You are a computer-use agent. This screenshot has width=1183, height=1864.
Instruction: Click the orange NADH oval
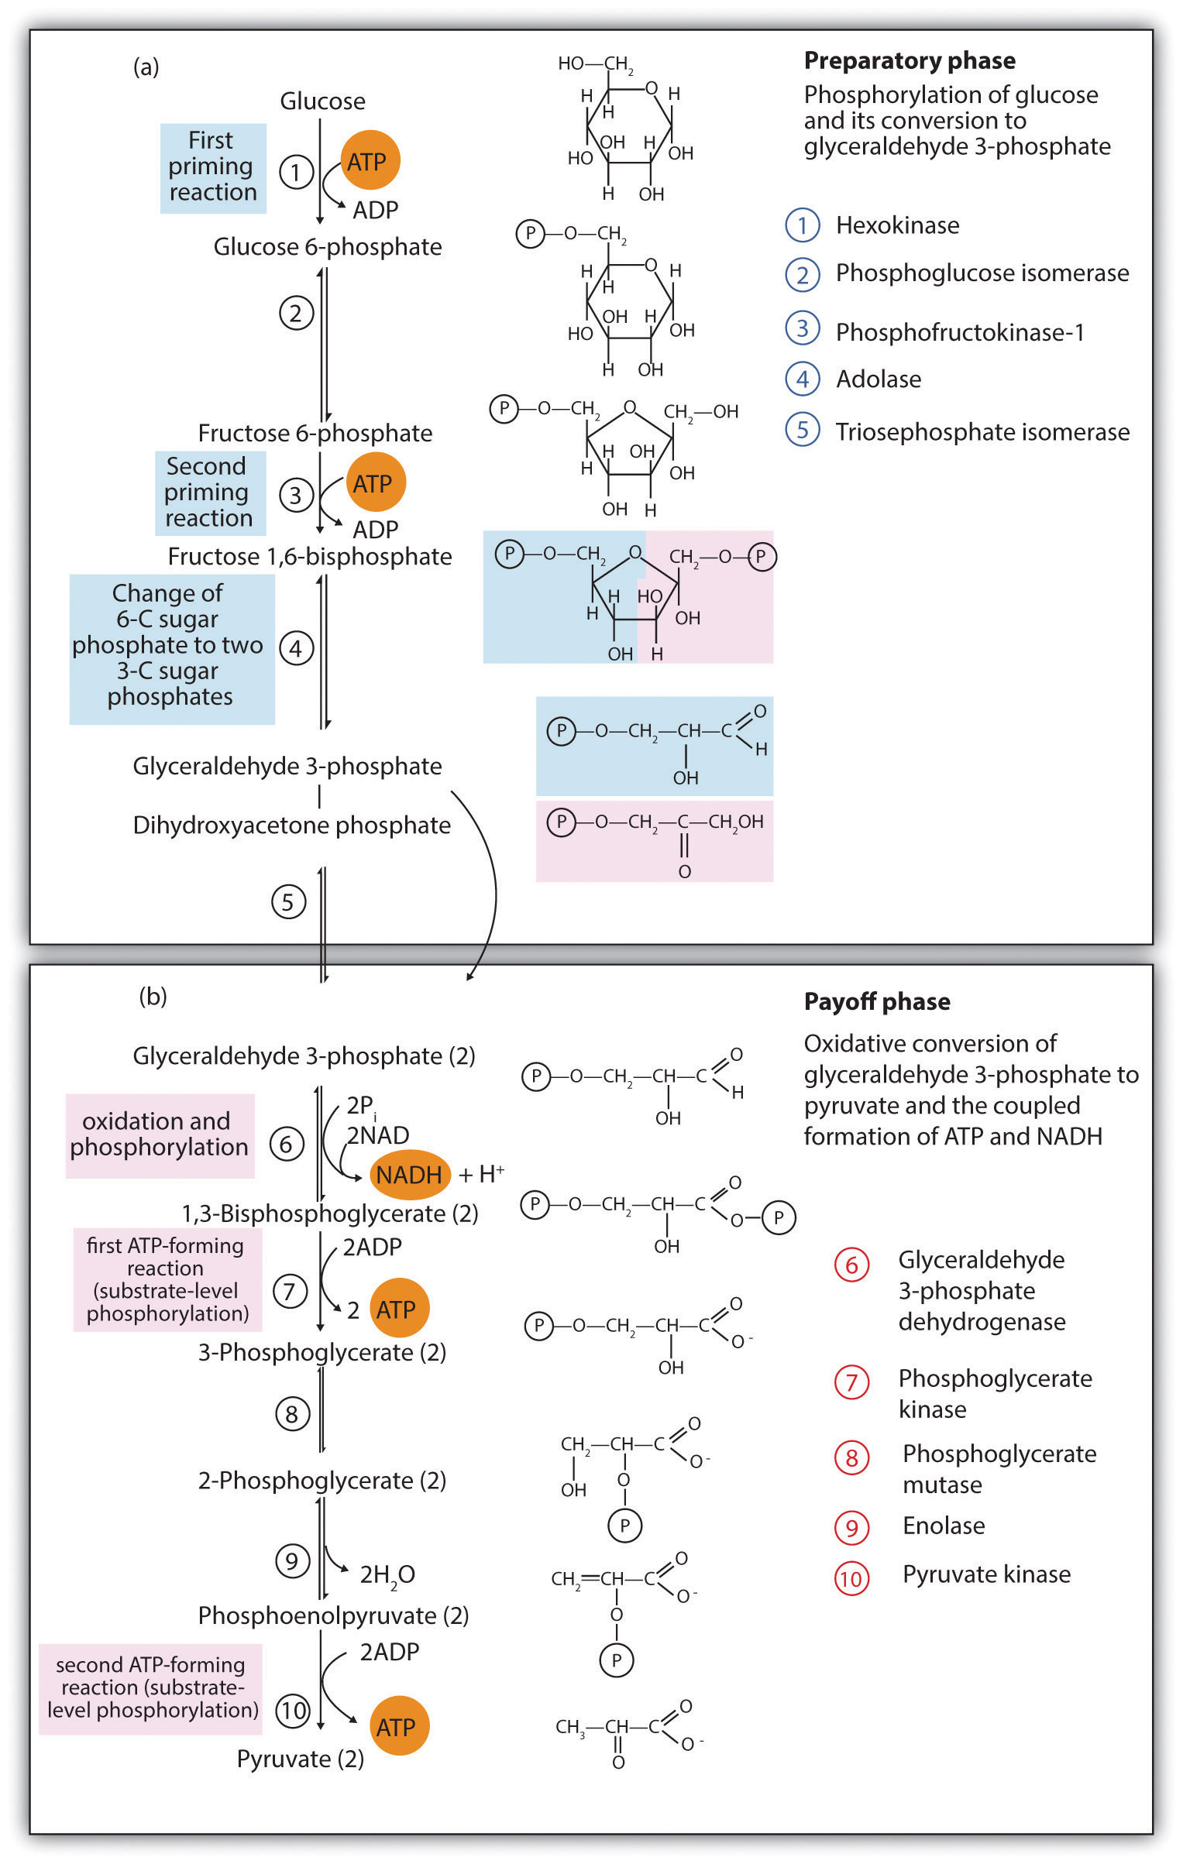click(409, 1175)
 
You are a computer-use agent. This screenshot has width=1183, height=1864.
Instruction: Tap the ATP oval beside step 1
click(370, 160)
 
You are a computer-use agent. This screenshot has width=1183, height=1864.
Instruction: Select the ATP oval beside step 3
click(375, 482)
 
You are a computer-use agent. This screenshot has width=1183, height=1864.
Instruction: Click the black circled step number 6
click(286, 1144)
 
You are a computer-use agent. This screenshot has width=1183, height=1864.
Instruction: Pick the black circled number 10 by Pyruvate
click(293, 1711)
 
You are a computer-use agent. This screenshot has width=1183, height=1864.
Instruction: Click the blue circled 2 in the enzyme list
click(803, 274)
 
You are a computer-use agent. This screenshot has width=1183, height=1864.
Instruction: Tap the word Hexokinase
click(897, 225)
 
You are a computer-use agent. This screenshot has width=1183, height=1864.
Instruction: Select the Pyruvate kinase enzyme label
click(986, 1574)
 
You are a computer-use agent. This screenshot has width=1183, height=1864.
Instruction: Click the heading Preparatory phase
click(910, 60)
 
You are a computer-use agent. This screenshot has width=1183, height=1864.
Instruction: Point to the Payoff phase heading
click(877, 1001)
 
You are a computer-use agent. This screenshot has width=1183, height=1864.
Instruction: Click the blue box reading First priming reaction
click(213, 168)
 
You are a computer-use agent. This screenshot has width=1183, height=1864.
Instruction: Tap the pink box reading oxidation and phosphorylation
click(160, 1135)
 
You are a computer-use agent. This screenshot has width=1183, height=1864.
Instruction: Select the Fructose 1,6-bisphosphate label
click(310, 556)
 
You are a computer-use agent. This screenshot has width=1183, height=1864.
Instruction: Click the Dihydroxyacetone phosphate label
click(291, 826)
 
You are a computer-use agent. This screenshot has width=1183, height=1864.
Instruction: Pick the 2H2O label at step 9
click(387, 1575)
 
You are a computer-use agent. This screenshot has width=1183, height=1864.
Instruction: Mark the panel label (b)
click(153, 996)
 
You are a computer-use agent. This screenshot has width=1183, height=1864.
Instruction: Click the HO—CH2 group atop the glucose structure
click(596, 64)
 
